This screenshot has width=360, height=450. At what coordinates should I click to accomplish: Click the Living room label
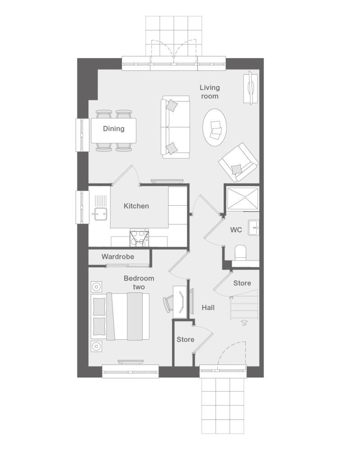click(x=210, y=92)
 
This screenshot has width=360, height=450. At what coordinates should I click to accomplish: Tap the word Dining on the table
click(x=114, y=129)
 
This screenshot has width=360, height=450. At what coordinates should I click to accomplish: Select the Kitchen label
click(x=136, y=206)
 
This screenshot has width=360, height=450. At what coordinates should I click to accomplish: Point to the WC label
click(x=236, y=229)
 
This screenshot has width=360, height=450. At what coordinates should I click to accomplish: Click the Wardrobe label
click(x=118, y=256)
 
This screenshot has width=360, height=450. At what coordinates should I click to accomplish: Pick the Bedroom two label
click(x=139, y=283)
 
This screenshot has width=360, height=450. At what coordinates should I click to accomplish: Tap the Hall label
click(x=208, y=308)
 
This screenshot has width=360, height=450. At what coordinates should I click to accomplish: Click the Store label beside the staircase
click(x=242, y=283)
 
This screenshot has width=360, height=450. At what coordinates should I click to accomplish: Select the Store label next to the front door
click(x=185, y=339)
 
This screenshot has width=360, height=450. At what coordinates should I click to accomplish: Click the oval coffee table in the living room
click(x=215, y=127)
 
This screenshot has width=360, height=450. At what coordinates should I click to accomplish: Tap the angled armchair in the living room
click(x=238, y=162)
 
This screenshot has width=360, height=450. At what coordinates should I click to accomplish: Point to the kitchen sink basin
click(x=100, y=214)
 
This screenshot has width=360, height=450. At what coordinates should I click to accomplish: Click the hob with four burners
click(x=139, y=239)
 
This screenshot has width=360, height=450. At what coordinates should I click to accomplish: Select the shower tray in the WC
click(x=243, y=198)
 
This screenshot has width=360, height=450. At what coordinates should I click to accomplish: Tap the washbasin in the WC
click(x=253, y=228)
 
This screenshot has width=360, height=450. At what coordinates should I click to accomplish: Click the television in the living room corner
click(x=251, y=88)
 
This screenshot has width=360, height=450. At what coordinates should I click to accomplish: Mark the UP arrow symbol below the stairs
click(x=244, y=323)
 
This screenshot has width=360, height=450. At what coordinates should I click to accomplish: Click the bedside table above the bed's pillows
click(x=96, y=287)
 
